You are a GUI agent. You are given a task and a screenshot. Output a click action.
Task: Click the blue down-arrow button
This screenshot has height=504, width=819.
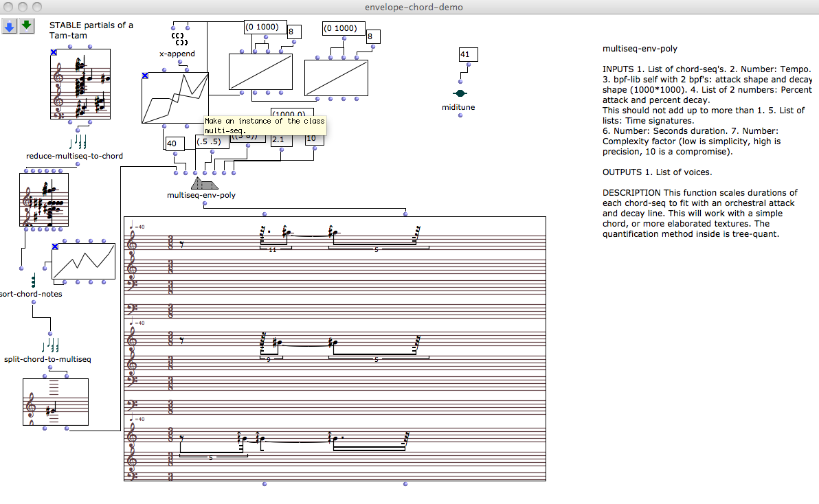click(x=10, y=27)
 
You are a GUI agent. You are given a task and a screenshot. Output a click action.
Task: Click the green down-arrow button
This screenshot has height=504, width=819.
click(x=27, y=27)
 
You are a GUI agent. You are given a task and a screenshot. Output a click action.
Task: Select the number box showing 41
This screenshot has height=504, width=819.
click(x=468, y=55)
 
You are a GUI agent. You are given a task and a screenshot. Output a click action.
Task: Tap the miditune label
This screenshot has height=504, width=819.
click(x=458, y=107)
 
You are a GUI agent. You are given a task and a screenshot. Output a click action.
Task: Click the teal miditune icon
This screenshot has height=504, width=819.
click(x=460, y=93)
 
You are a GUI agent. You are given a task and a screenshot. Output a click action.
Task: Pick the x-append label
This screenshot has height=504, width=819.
click(x=177, y=54)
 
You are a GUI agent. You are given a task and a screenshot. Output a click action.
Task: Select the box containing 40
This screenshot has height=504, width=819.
click(x=175, y=143)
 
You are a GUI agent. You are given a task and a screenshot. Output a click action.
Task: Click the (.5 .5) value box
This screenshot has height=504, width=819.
click(x=207, y=142)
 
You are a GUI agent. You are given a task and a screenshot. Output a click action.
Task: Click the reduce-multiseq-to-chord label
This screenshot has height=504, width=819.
click(x=74, y=156)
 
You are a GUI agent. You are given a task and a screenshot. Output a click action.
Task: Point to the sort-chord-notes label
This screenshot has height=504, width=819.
click(x=32, y=294)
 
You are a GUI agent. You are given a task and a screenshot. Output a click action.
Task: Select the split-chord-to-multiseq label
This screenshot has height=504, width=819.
click(x=47, y=359)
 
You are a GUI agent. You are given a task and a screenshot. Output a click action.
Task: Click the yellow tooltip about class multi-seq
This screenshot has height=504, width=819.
click(x=264, y=125)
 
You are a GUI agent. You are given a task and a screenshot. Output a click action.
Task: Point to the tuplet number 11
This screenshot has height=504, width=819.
click(x=273, y=250)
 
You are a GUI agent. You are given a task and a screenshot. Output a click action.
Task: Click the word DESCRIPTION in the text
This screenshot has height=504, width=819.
click(x=629, y=193)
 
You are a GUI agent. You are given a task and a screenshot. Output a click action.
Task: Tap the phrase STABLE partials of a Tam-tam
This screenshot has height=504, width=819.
click(x=91, y=30)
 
